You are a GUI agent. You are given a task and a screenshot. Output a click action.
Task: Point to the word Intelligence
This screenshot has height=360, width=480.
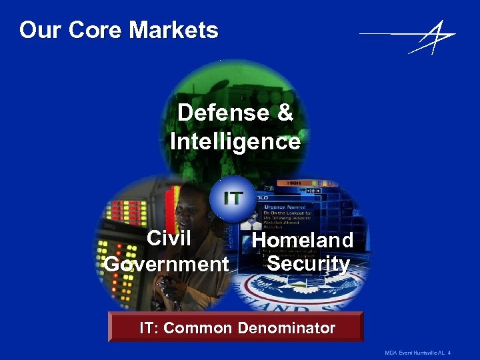(x=235, y=142)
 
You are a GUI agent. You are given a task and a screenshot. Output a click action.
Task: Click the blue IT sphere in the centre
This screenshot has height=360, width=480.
(x=233, y=198)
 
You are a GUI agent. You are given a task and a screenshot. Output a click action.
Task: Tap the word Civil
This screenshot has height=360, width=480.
(x=169, y=238)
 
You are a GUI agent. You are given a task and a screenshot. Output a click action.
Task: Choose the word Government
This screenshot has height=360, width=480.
(x=167, y=264)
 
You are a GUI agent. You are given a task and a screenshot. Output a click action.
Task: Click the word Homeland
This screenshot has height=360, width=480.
(x=303, y=240)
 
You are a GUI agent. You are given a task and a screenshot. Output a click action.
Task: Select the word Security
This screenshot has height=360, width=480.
(x=308, y=264)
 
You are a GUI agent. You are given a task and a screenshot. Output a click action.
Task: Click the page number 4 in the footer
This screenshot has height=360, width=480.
(x=450, y=351)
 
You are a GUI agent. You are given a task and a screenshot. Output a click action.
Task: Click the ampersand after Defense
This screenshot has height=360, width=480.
(x=285, y=113)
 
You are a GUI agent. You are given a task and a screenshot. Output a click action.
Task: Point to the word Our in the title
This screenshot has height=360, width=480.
(x=35, y=30)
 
